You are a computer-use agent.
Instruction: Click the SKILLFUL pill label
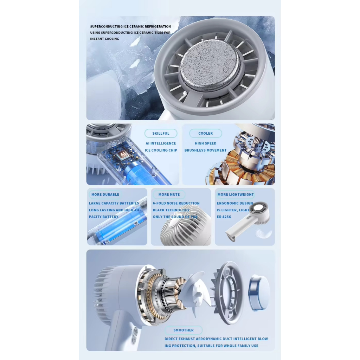click(x=161, y=133)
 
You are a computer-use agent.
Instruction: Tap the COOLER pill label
click(x=205, y=133)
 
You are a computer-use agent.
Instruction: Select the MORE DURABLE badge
click(x=105, y=194)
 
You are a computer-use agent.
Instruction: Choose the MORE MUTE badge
click(x=169, y=194)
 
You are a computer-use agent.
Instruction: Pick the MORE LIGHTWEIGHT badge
click(x=235, y=194)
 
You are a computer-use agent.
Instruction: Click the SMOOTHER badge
click(x=184, y=330)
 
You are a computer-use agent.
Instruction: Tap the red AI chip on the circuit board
click(x=123, y=154)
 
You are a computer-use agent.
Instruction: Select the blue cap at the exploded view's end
click(x=259, y=292)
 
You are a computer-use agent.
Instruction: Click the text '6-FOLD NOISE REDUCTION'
click(x=176, y=203)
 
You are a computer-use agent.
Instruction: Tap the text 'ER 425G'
click(x=224, y=217)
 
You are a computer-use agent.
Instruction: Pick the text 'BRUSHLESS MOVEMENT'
click(x=205, y=150)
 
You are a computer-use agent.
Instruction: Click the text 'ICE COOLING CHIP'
click(x=161, y=150)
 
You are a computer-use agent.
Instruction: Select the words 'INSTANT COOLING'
click(x=105, y=39)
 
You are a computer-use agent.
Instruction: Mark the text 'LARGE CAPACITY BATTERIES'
click(x=114, y=203)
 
